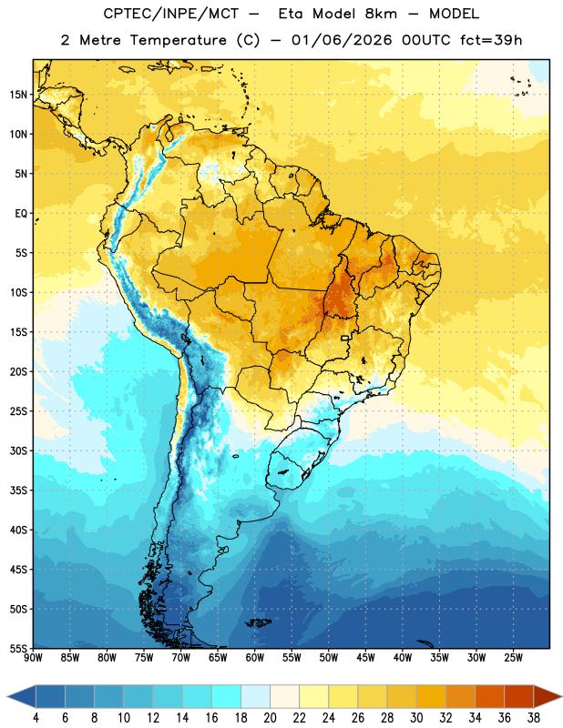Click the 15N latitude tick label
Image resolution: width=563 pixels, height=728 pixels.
pyautogui.click(x=18, y=95)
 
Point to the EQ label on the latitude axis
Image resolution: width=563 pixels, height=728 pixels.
pyautogui.click(x=21, y=214)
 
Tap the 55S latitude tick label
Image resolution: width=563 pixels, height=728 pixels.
pyautogui.click(x=18, y=648)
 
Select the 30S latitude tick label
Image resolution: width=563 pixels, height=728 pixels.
pyautogui.click(x=18, y=450)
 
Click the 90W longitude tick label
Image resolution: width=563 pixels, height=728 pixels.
pyautogui.click(x=33, y=658)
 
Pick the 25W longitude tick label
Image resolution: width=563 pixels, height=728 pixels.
pyautogui.click(x=513, y=658)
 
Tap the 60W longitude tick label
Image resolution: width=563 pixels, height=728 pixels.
pyautogui.click(x=255, y=658)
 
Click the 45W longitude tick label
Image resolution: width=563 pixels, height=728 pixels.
pyautogui.click(x=365, y=658)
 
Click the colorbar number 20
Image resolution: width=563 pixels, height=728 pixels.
pyautogui.click(x=270, y=718)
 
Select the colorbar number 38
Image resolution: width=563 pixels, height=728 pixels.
pyautogui.click(x=534, y=718)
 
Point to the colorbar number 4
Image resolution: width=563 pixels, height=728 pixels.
pyautogui.click(x=36, y=718)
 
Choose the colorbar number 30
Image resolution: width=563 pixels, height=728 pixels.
pyautogui.click(x=416, y=718)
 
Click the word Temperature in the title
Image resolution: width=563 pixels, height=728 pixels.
pyautogui.click(x=178, y=40)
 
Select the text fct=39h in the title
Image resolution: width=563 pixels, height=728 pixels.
pyautogui.click(x=491, y=40)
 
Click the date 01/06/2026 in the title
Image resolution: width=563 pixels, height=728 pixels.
pyautogui.click(x=342, y=40)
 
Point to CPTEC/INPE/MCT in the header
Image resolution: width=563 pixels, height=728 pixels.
pyautogui.click(x=170, y=14)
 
